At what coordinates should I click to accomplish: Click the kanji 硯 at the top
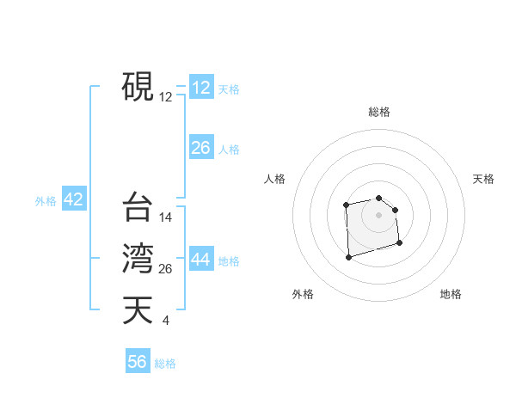tap(138, 86)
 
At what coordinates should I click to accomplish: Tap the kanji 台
tap(138, 207)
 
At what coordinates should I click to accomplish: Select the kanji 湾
tap(138, 258)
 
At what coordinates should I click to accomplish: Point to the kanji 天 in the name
tap(138, 309)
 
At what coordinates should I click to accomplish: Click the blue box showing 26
tap(200, 148)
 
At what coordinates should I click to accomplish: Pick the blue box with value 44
tap(201, 260)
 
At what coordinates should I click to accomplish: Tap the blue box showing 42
tap(73, 200)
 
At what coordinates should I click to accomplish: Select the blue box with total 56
tap(138, 362)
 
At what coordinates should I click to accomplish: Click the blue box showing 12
tap(200, 88)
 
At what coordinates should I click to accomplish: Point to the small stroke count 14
tap(166, 217)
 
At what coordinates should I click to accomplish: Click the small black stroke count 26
tap(166, 269)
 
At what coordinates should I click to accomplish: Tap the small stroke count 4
tap(165, 321)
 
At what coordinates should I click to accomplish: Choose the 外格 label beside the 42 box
tap(46, 201)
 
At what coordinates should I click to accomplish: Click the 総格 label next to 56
tap(165, 363)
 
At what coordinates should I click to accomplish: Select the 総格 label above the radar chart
tap(378, 112)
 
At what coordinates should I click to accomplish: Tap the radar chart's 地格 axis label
tap(451, 294)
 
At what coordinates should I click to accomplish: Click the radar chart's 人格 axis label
tap(275, 179)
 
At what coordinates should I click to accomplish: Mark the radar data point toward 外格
tap(348, 256)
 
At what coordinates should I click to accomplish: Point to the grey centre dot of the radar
tap(378, 214)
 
